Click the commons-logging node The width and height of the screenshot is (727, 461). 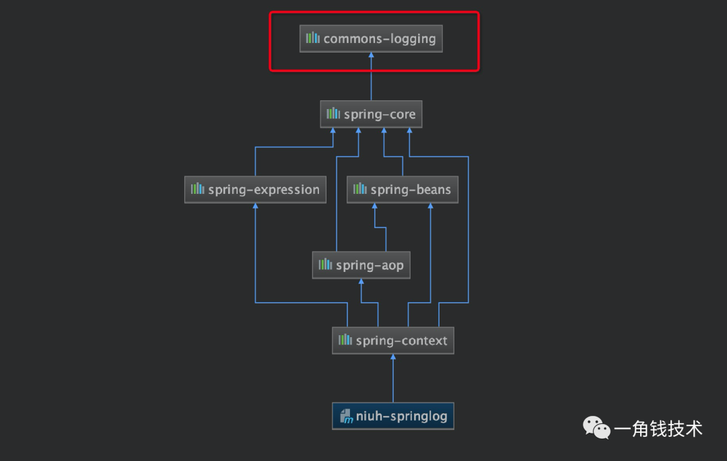[372, 39]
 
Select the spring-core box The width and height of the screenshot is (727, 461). [372, 114]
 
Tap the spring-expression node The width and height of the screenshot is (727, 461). [256, 190]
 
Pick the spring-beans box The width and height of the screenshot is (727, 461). [403, 190]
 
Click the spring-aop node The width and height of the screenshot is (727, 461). [361, 265]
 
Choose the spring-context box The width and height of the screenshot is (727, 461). [393, 341]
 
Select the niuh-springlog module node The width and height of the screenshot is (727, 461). [393, 417]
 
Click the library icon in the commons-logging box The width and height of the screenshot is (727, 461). [313, 38]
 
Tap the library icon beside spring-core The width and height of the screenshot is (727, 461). [333, 114]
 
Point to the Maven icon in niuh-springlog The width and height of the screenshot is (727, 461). [346, 417]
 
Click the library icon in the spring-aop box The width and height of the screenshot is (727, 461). [325, 264]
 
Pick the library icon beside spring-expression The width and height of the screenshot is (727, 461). [197, 189]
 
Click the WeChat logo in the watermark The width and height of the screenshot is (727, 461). [596, 428]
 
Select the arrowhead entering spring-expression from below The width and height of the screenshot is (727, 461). [256, 207]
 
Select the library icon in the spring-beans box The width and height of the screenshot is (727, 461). [360, 189]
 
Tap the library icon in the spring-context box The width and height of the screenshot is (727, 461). [345, 340]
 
